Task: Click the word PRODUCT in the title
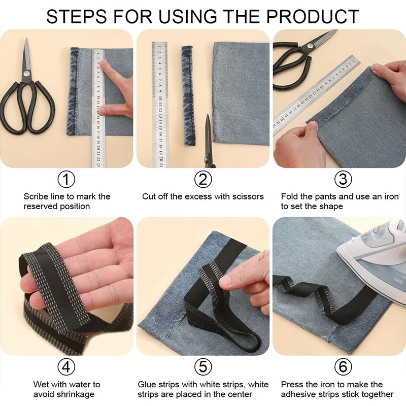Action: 313,17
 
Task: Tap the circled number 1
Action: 66,179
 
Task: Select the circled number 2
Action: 203,179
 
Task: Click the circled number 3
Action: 343,179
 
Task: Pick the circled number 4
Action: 66,366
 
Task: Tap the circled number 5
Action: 203,366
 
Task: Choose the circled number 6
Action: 343,366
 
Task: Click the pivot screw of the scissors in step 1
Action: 26,74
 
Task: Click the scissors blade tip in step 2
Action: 208,115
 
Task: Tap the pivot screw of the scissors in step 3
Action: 310,47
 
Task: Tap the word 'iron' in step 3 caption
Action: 391,196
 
